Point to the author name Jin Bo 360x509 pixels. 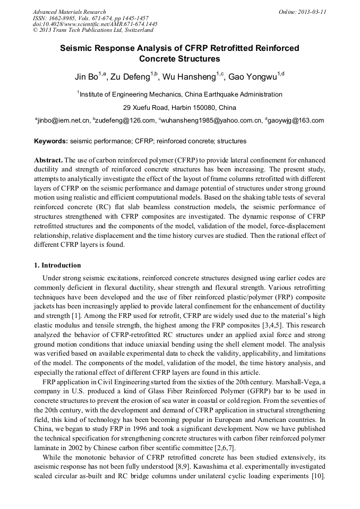(86, 77)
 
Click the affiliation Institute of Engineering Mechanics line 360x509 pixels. (180, 94)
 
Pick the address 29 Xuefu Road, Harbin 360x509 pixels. (179, 108)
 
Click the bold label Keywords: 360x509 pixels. (51, 142)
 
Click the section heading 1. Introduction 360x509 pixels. (57, 265)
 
